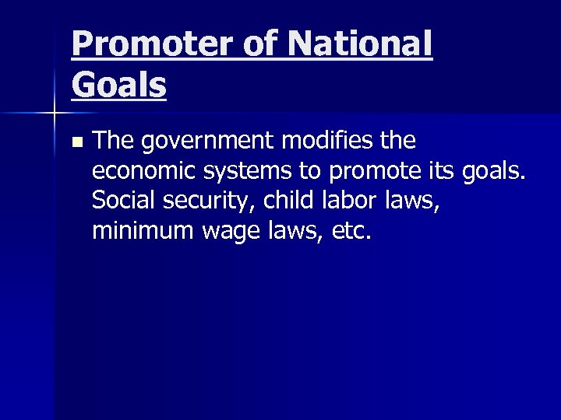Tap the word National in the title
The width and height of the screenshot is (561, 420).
tap(359, 44)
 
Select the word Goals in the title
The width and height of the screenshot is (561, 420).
tap(118, 84)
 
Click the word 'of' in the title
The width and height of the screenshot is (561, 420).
tap(260, 44)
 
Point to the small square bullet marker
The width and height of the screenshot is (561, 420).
tap(76, 143)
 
